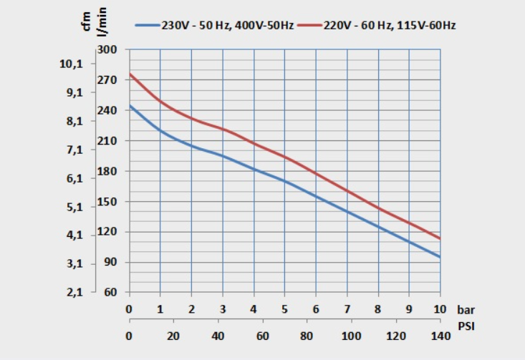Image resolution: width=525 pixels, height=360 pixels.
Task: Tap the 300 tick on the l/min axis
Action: pyautogui.click(x=107, y=50)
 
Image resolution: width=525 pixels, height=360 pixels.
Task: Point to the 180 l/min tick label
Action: pyautogui.click(x=107, y=172)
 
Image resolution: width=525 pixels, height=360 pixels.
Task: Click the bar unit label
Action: pyautogui.click(x=465, y=310)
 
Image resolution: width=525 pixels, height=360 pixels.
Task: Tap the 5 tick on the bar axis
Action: pyautogui.click(x=284, y=310)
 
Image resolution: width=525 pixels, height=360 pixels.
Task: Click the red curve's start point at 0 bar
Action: pyautogui.click(x=129, y=74)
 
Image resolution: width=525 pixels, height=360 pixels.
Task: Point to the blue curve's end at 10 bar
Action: pyautogui.click(x=440, y=257)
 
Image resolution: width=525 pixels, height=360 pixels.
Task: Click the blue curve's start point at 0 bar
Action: pyautogui.click(x=129, y=105)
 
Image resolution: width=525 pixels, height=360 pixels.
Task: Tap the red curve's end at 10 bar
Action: pyautogui.click(x=440, y=238)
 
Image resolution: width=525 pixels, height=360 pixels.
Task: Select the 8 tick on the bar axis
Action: pyautogui.click(x=378, y=310)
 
